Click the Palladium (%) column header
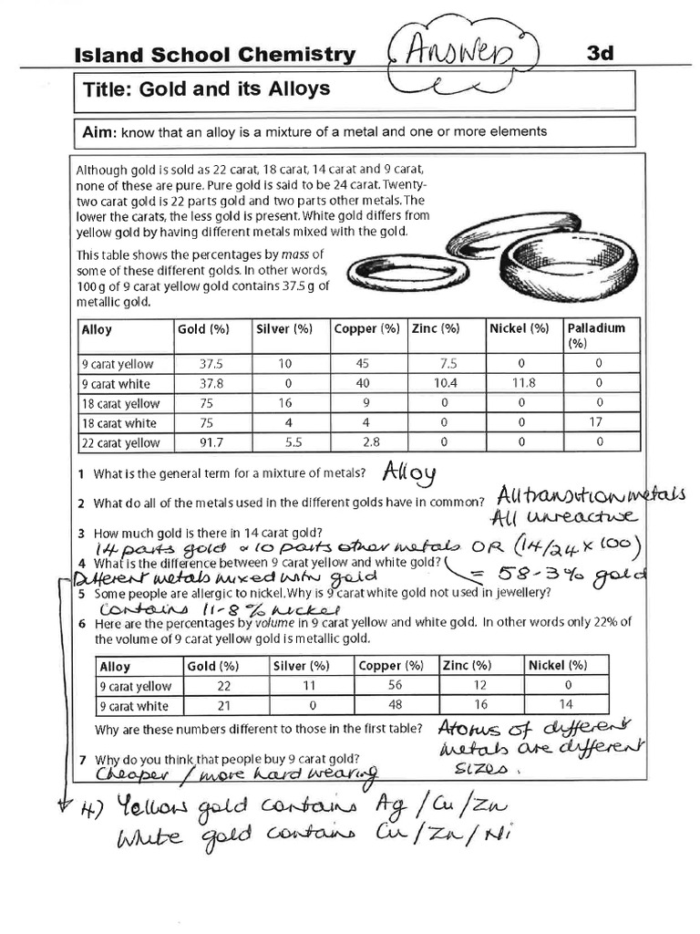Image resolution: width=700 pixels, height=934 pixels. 597,335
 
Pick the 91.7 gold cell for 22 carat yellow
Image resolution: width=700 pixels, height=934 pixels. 211,442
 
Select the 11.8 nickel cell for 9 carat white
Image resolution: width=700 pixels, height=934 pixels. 520,383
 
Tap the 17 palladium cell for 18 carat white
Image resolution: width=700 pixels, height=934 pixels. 598,422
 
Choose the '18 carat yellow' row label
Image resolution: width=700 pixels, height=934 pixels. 120,403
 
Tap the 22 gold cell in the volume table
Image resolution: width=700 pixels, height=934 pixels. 224,685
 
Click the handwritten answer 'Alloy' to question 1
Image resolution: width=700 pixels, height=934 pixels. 409,472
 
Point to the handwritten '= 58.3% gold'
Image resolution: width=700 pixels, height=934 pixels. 558,574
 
